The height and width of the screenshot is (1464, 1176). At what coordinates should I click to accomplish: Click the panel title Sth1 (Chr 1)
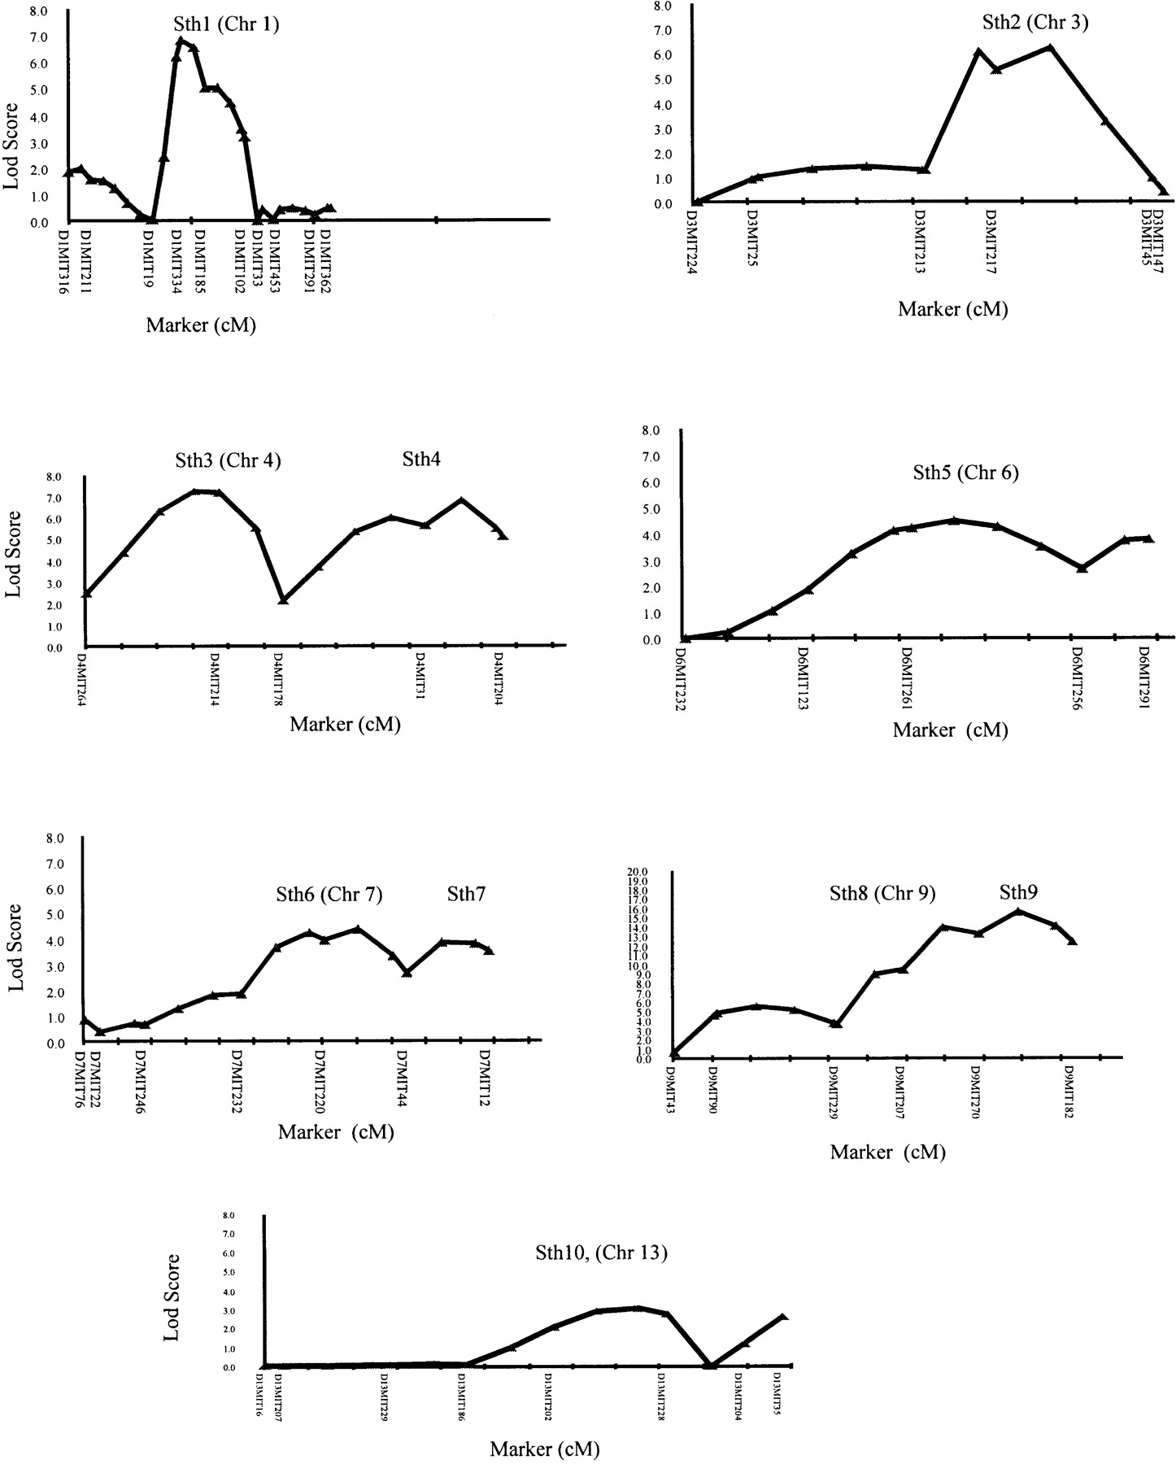click(226, 24)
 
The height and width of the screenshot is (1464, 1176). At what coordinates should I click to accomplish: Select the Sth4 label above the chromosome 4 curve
click(421, 460)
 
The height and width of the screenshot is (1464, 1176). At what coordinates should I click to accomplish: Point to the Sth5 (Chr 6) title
click(965, 473)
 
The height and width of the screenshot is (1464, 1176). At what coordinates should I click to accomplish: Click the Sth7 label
click(466, 895)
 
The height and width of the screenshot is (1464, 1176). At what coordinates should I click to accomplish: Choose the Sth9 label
click(1019, 892)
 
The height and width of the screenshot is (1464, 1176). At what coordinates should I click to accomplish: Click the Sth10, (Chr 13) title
click(601, 1253)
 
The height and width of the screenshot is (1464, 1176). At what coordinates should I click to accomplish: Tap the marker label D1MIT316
click(64, 259)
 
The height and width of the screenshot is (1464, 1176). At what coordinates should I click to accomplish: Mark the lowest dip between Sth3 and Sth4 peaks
click(283, 599)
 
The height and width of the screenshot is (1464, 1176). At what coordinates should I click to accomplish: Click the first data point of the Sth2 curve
click(697, 202)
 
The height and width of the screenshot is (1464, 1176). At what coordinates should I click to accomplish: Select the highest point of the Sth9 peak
click(1019, 911)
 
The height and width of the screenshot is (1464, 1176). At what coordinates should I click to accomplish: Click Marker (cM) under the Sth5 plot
click(950, 730)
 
